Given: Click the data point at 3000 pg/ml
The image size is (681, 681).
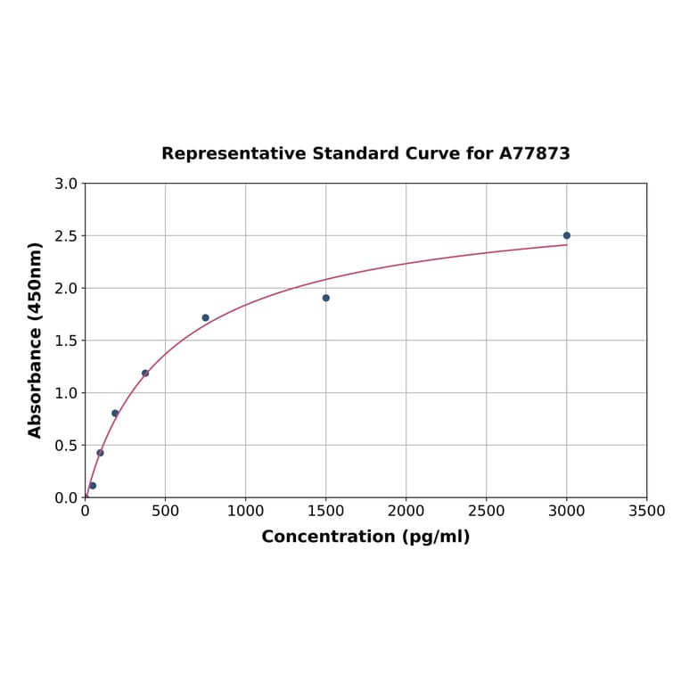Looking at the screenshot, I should point(566,235).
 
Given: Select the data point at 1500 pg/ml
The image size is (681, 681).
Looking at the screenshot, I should point(325,298).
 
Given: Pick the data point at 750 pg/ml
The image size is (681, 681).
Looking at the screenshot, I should point(205,317).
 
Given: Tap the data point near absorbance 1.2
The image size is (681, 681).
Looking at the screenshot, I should point(145,373).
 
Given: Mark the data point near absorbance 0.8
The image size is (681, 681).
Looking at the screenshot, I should point(115,413).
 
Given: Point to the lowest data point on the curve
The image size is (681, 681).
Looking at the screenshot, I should point(93,486).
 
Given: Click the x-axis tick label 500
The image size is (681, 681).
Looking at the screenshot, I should point(165,512).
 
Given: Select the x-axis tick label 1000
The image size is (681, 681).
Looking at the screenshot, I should point(245,512).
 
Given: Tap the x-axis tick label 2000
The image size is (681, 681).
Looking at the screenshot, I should point(406,512).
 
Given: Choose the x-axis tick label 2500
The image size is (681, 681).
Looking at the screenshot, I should point(486,512).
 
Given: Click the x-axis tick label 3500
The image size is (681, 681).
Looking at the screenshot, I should point(646,512).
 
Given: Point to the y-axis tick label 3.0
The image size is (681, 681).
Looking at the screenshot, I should point(66,185).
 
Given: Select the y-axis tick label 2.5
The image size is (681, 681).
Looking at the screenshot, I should point(66,236).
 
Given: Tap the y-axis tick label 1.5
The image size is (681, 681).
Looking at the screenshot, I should point(66,340).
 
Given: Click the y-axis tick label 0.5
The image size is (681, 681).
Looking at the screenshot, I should point(66,446).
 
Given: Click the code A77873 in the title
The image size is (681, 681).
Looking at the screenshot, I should point(534,154).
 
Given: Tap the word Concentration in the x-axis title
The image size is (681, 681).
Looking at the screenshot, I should point(327,537).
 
